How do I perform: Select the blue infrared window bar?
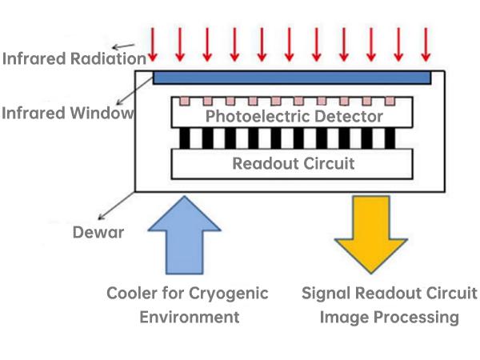292,77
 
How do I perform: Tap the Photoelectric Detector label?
294,116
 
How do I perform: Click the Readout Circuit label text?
293,164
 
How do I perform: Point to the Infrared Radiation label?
74,58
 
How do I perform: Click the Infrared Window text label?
66,113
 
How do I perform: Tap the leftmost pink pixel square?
185,102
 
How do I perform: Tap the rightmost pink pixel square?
391,102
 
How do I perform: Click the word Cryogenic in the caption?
230,293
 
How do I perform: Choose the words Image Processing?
390,318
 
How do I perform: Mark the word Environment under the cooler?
190,317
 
